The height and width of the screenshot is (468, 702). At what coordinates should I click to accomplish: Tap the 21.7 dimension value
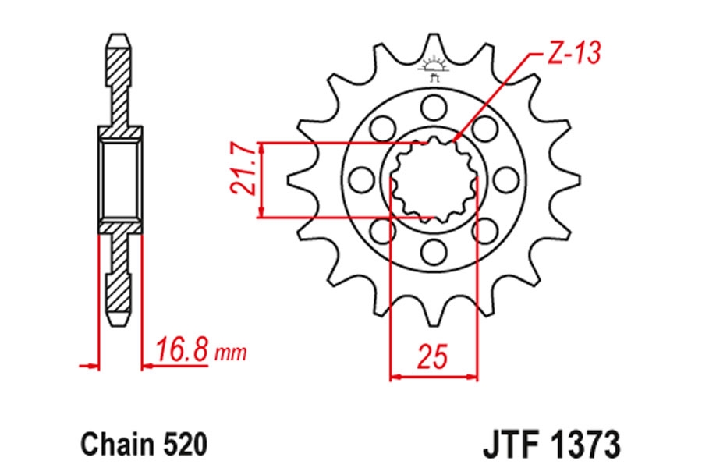click(243, 168)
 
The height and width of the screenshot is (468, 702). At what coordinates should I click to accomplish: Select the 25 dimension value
click(432, 356)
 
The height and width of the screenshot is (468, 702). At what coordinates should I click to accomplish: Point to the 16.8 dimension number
click(182, 350)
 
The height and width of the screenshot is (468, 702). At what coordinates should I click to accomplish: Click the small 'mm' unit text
click(231, 353)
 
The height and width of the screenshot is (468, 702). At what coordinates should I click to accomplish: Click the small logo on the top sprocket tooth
click(434, 68)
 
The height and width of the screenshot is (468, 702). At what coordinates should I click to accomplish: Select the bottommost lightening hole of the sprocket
click(434, 252)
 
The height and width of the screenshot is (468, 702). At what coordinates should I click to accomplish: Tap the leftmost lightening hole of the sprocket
click(362, 179)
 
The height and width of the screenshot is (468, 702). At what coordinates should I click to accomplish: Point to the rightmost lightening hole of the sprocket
click(506, 179)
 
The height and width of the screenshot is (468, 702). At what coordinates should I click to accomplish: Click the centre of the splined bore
click(434, 179)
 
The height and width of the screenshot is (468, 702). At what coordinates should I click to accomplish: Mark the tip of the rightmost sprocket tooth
click(580, 179)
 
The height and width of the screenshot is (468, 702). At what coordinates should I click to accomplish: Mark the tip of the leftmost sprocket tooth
click(287, 179)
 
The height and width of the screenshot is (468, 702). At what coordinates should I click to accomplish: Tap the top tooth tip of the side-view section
click(119, 34)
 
